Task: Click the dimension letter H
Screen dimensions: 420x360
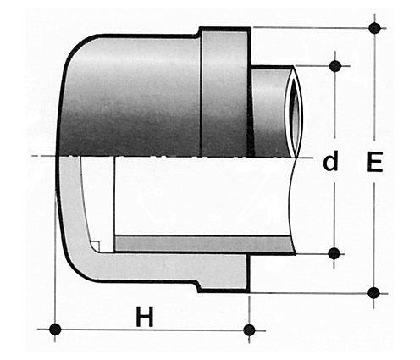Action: coord(145,316)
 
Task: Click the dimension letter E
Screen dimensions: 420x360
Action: coord(375,162)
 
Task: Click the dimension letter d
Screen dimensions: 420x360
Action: coord(330,161)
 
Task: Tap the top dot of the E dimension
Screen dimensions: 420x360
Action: coord(374,28)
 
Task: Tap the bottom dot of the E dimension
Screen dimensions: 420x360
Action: coord(373,293)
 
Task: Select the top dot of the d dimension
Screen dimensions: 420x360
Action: coord(335,66)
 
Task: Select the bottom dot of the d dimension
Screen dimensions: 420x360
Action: coord(334,253)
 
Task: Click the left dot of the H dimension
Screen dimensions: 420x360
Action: coord(55,330)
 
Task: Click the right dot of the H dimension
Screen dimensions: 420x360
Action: coord(249,330)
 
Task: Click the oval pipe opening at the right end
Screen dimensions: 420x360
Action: coord(295,112)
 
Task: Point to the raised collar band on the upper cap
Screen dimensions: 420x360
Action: coord(224,91)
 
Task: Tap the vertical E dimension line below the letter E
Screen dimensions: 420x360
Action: coord(373,235)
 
